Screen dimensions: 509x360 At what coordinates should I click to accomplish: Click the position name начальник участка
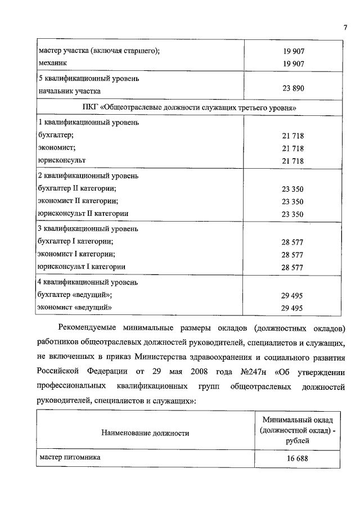(69, 90)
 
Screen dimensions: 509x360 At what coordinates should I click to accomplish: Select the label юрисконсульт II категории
(83, 214)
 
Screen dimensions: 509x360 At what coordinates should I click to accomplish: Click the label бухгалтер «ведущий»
(74, 294)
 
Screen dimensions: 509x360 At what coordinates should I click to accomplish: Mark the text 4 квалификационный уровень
(84, 281)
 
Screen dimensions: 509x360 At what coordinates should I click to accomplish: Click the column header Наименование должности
(145, 433)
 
